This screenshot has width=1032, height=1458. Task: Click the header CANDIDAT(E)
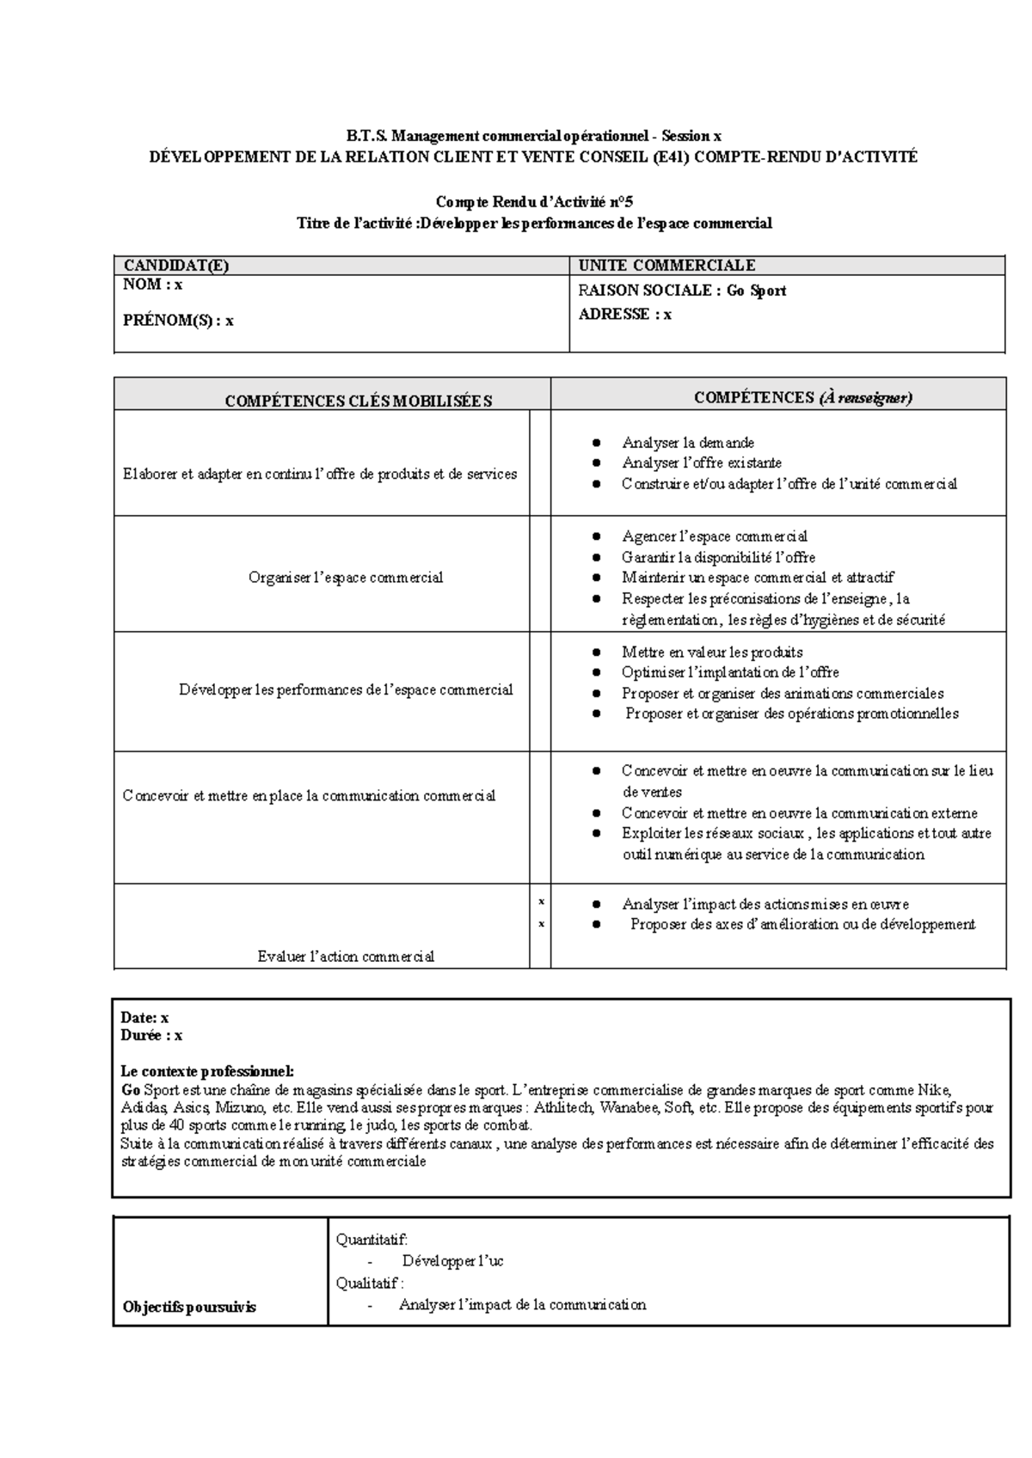pos(176,266)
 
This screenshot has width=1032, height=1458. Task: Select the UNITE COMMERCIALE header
pos(666,266)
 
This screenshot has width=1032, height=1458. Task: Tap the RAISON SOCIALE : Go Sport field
pos(682,291)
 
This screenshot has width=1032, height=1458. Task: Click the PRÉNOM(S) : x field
pos(178,321)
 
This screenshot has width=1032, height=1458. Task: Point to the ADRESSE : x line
pos(625,315)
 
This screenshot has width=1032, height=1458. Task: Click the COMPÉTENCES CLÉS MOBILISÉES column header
pos(358,401)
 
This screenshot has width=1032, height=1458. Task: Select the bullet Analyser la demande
pos(687,443)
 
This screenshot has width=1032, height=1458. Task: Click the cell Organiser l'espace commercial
pos(345,578)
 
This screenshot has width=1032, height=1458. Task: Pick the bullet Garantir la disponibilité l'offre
pos(718,557)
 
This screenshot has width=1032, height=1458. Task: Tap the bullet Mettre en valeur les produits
pos(712,652)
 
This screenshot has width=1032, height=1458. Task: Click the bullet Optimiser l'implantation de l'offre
pos(730,672)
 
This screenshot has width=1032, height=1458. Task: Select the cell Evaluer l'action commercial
pos(346,956)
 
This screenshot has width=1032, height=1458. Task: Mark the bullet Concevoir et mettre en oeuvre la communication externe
pos(799,812)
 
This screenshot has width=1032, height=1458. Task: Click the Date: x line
pos(144,1017)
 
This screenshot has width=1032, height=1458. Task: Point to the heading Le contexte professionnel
pos(207,1071)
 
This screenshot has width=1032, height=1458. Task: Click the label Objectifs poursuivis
pos(189,1307)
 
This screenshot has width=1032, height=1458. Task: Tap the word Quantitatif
pos(372,1239)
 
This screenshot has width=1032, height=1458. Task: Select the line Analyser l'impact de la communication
pos(522,1304)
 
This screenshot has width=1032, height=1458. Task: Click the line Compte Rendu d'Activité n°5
pos(534,202)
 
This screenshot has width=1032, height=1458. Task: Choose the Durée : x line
pos(151,1036)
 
